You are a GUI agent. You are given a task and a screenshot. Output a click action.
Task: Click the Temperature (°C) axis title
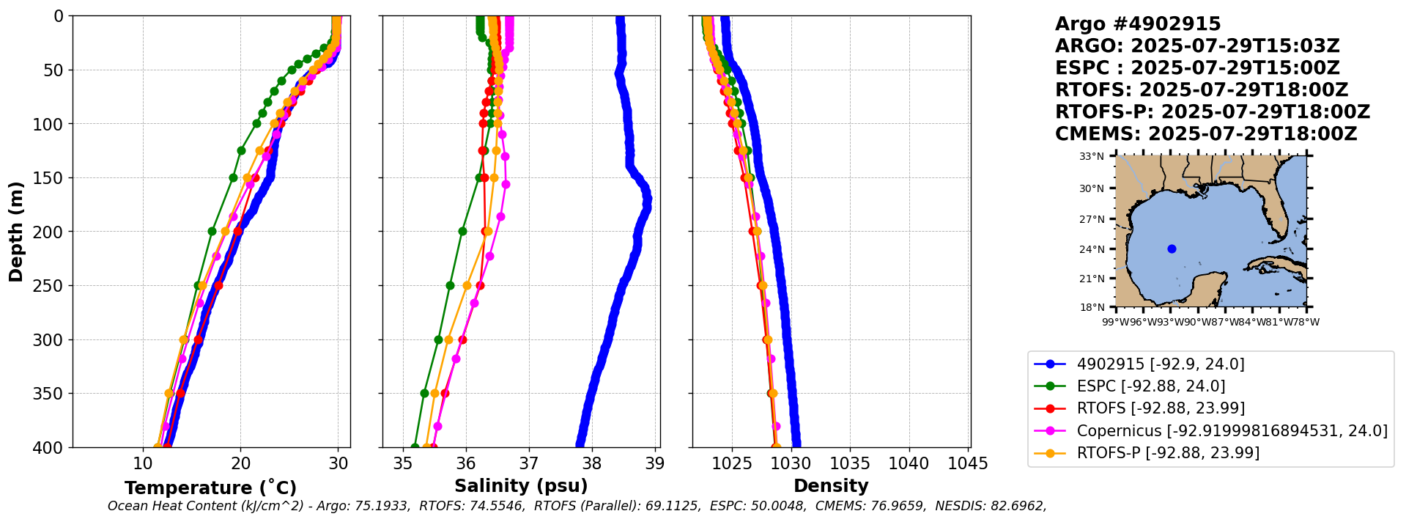click(210, 488)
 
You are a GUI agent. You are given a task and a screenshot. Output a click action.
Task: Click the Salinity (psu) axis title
click(521, 486)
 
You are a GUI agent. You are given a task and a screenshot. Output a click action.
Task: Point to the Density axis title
click(831, 486)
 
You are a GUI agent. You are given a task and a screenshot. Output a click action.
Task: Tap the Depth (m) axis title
click(16, 231)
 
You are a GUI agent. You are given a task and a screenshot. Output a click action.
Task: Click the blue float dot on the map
click(1172, 249)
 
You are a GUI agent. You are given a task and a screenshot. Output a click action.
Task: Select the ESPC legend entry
click(1150, 386)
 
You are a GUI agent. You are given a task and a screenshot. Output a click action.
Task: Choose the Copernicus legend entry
click(1231, 431)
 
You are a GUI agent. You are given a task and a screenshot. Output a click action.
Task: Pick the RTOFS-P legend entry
click(1168, 453)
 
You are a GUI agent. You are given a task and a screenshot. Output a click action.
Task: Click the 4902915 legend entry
click(1160, 364)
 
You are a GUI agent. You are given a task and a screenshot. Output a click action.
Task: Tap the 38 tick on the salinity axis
click(591, 464)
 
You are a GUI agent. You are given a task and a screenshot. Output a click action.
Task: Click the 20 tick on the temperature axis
click(240, 464)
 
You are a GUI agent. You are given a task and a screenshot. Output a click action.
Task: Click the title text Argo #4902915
click(1138, 24)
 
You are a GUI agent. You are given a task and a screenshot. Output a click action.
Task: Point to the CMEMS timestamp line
click(1206, 134)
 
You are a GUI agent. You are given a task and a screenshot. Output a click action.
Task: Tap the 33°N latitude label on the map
click(1091, 156)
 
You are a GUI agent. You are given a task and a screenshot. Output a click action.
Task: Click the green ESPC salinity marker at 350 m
click(424, 393)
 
